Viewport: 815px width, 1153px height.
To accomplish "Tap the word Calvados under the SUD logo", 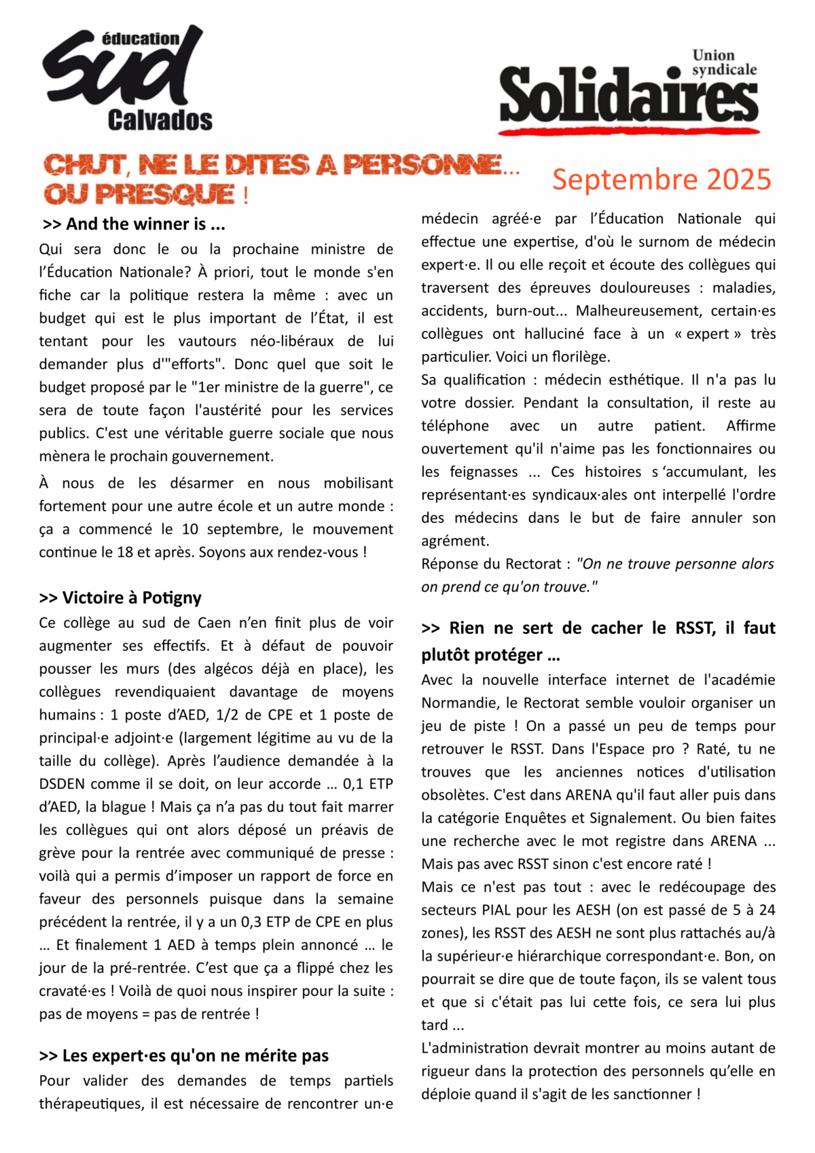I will click(x=160, y=120).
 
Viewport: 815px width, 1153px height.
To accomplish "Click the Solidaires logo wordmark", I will click(x=628, y=95).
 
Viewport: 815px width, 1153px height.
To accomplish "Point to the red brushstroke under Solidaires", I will click(x=628, y=128).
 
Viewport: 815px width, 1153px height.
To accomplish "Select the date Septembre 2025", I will click(x=662, y=179).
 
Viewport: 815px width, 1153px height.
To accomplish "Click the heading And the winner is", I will click(x=134, y=224).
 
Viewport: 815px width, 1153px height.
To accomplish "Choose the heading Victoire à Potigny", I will click(x=120, y=598).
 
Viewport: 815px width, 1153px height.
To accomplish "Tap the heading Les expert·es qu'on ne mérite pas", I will click(x=184, y=1056).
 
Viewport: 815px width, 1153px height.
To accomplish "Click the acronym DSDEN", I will click(x=62, y=784).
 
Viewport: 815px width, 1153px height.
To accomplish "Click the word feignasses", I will click(x=484, y=472).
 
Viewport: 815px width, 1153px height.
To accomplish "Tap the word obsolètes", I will click(x=454, y=795).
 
